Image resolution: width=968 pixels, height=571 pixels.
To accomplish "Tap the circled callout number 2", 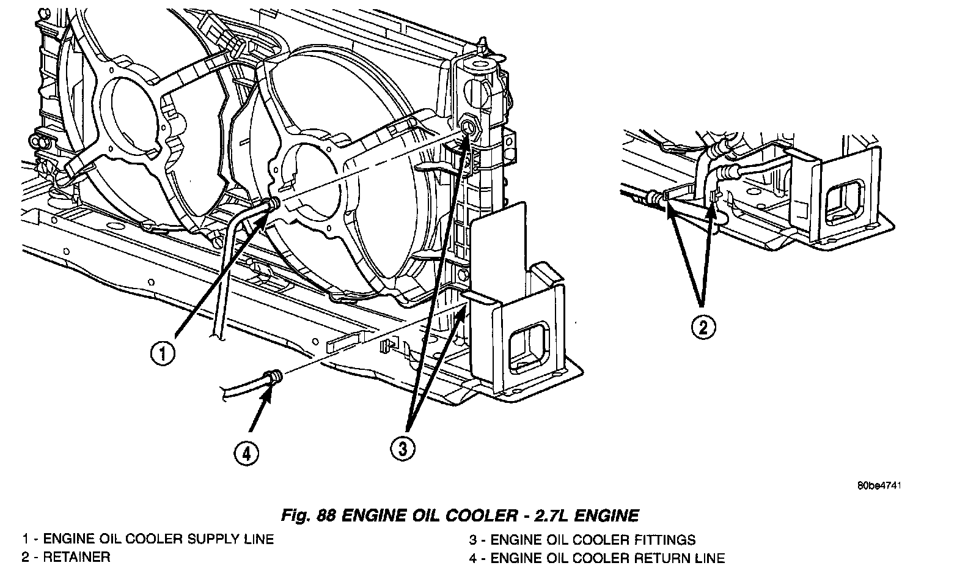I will tap(703, 327).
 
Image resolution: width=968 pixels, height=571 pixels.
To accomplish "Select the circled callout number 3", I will tap(402, 449).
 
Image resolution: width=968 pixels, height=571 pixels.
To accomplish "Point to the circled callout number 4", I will tap(246, 454).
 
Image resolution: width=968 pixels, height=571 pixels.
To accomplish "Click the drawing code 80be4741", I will tap(879, 487).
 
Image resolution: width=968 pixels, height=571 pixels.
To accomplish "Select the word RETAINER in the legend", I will tap(76, 557).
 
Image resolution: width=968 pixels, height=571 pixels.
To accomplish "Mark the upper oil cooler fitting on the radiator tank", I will tap(469, 127).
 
